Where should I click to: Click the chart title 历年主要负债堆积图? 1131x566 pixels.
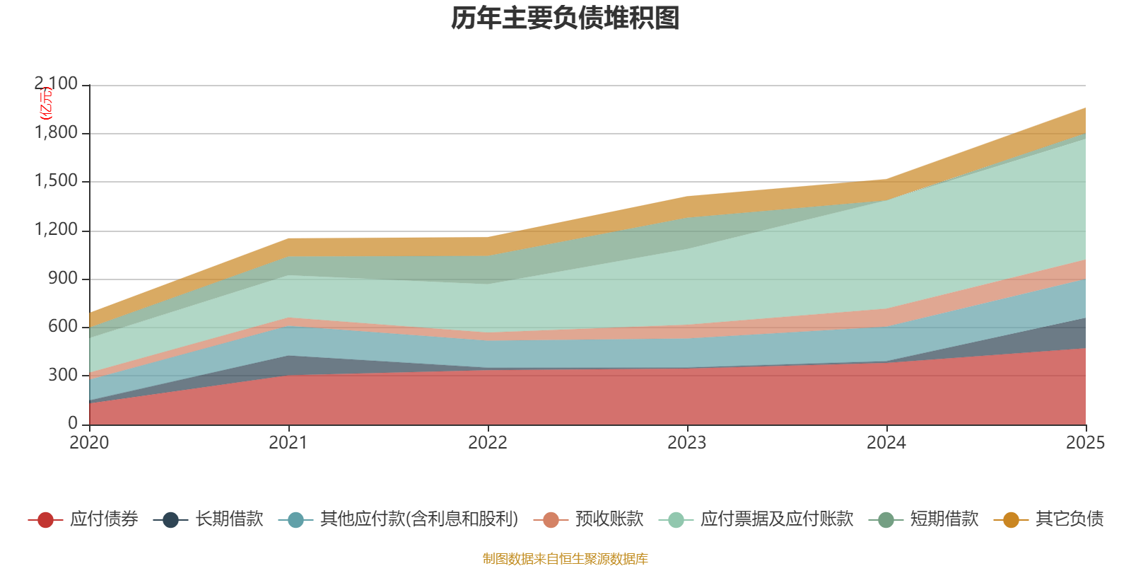coord(565,18)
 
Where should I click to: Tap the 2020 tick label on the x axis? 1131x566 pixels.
coord(89,442)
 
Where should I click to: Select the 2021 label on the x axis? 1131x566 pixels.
coord(288,442)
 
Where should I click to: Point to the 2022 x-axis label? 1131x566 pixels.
coord(488,442)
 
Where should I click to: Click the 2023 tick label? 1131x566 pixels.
coord(687,442)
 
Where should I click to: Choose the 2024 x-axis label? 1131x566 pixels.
coord(886,442)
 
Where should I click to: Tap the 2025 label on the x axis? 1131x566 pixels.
coord(1085,442)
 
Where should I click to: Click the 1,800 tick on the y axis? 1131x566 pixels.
coord(57,133)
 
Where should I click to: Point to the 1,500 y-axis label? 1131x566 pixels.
coord(57,181)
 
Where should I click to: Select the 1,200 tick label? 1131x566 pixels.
coord(57,230)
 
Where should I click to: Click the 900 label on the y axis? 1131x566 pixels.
coord(64,278)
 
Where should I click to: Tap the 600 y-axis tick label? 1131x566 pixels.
coord(64,326)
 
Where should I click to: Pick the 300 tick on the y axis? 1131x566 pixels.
coord(64,375)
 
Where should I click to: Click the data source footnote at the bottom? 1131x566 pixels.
coord(565,559)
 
